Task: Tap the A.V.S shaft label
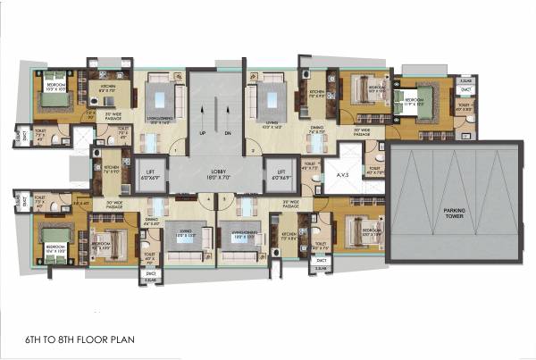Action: pyautogui.click(x=342, y=174)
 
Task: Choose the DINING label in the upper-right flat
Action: pyautogui.click(x=317, y=130)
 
